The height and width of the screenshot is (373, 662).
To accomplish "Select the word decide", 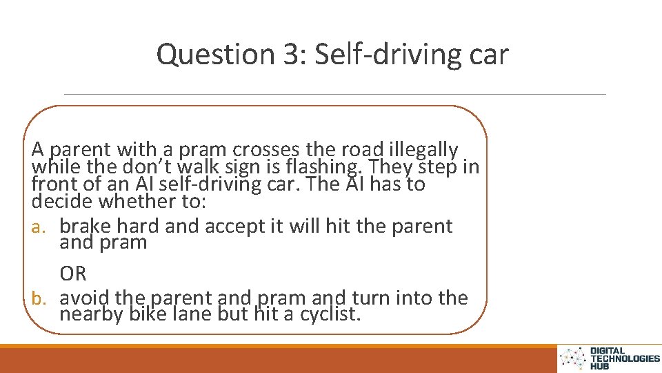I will (x=63, y=202).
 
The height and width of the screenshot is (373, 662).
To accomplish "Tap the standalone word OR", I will (x=73, y=274).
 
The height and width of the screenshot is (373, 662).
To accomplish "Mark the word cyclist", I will (x=330, y=316).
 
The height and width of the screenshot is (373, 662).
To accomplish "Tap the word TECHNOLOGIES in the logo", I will (x=625, y=358).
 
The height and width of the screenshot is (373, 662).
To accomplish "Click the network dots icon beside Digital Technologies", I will (x=572, y=358).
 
